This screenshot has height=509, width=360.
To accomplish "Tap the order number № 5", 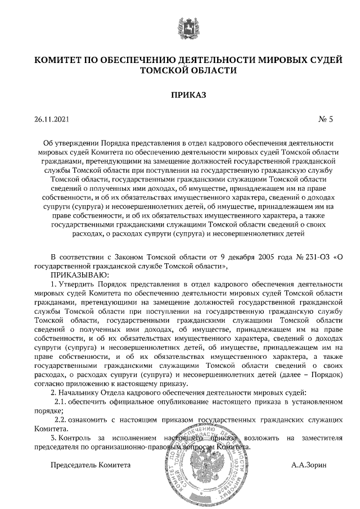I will (326, 119).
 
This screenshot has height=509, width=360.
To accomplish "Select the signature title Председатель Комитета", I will (91, 466).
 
